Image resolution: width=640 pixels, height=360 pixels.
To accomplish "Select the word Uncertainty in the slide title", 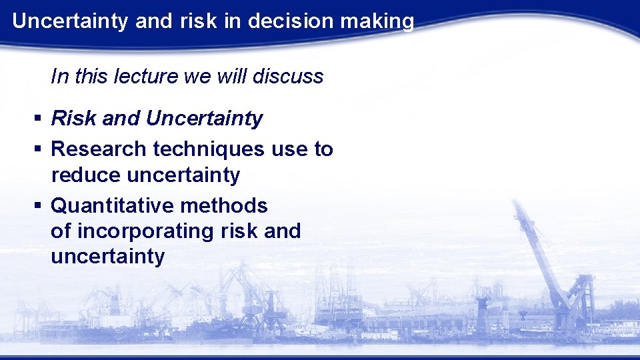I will coord(71,21).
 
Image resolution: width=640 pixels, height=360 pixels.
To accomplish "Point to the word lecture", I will coord(147,77).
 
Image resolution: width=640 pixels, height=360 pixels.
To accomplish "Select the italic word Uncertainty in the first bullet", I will coord(204,119).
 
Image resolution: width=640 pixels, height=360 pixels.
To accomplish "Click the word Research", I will coord(99,149).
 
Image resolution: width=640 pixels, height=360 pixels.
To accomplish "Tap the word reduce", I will coord(85,175).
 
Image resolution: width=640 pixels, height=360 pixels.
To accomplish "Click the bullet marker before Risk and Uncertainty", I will coord(38,119).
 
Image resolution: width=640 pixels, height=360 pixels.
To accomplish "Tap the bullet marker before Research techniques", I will coord(38,149).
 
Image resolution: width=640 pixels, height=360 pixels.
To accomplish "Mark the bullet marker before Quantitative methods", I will coord(38,207).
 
